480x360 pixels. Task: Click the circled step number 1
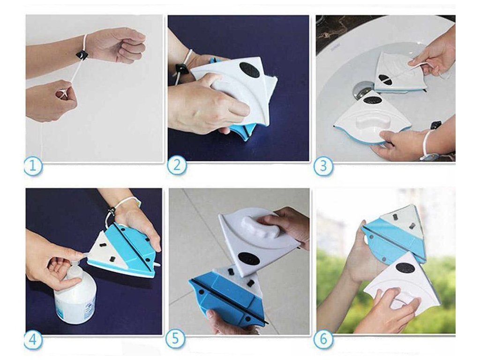(33, 166)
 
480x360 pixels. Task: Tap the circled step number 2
(177, 165)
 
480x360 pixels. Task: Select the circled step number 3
(323, 166)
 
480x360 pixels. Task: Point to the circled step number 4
(33, 340)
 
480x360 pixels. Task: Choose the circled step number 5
(175, 339)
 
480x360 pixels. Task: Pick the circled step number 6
(323, 339)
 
